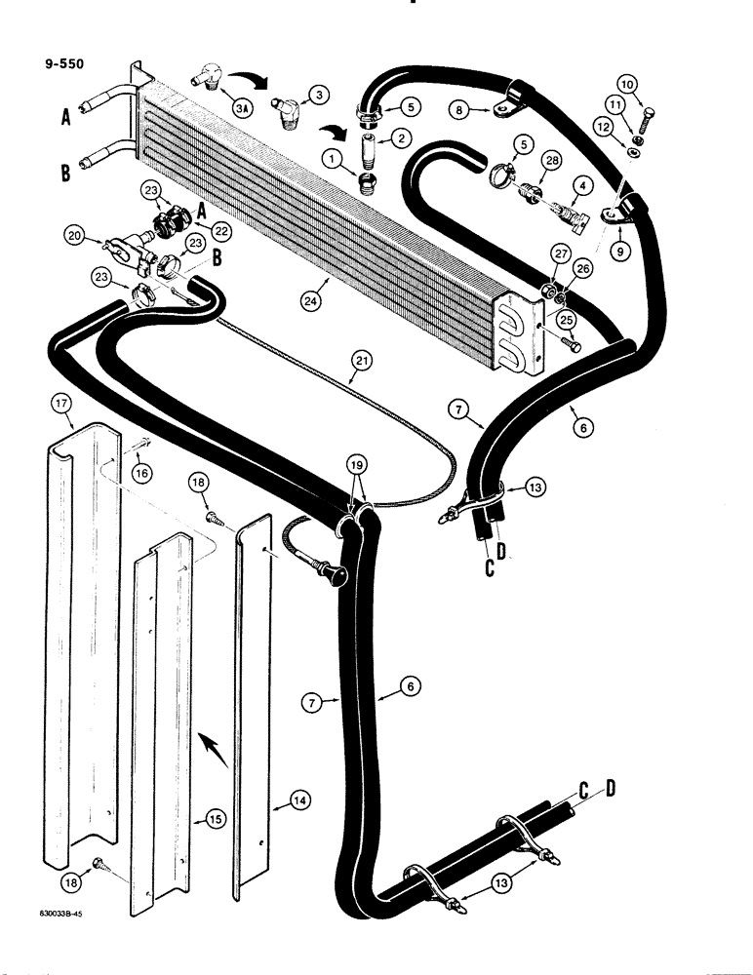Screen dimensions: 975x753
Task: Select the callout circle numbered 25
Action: click(565, 320)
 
